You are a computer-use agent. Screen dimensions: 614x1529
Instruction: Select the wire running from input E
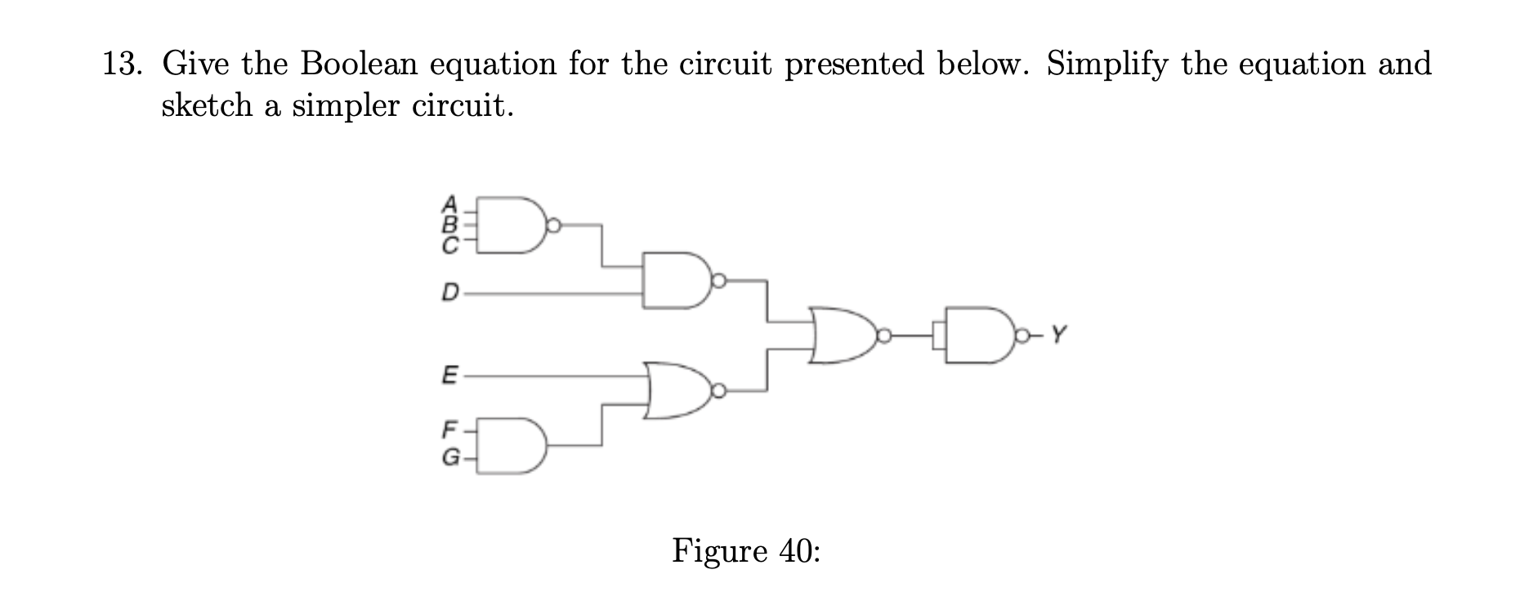(556, 376)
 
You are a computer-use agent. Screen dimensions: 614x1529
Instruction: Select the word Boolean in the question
(360, 64)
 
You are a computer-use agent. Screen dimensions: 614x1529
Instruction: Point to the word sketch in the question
(208, 106)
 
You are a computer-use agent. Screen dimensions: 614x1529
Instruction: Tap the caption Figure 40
(745, 551)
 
